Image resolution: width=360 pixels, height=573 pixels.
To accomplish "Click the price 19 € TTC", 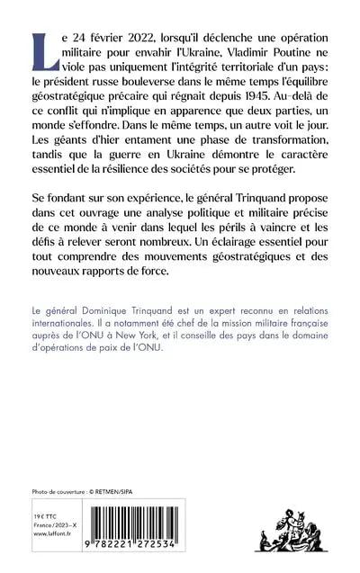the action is coord(48,508).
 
